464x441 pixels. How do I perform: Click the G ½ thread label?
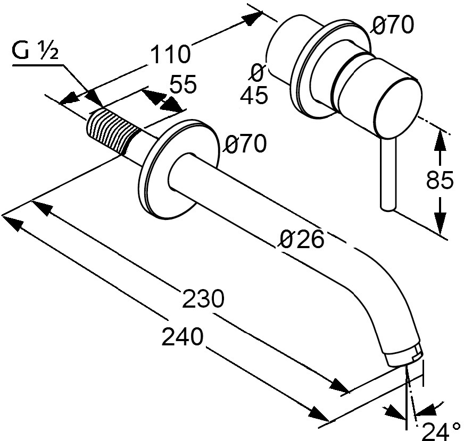35,52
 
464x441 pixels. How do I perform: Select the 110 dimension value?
170,54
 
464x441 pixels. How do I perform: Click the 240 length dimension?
183,336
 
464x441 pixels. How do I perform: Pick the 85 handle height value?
440,180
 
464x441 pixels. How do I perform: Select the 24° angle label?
440,431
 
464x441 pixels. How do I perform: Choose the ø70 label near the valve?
392,25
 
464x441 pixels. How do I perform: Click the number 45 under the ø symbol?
254,95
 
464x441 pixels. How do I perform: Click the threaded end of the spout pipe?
113,130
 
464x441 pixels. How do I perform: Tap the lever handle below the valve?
388,174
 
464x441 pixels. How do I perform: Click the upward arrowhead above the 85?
441,140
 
